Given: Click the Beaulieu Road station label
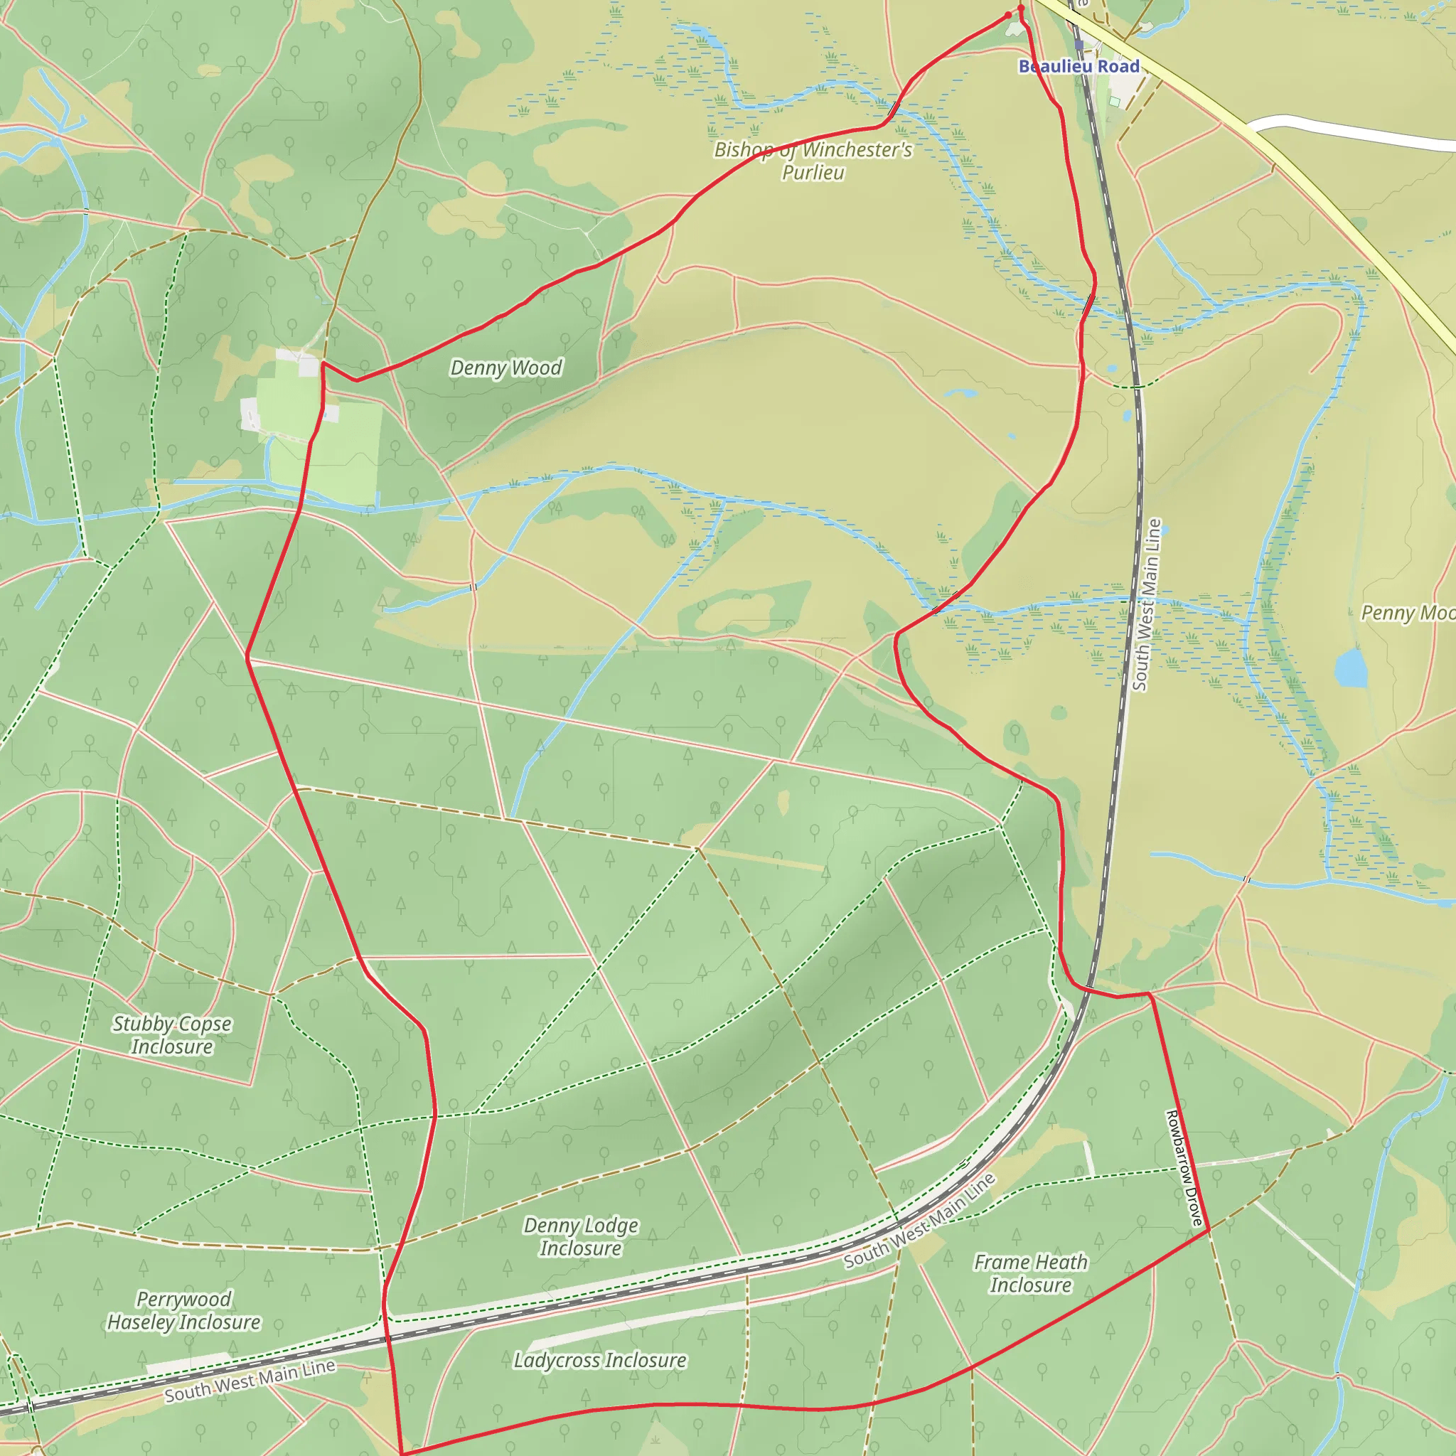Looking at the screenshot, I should (1078, 66).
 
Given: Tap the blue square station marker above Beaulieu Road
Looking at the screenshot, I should (1079, 45).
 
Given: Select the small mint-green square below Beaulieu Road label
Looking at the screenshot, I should (1114, 101).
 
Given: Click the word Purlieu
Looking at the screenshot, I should (813, 173).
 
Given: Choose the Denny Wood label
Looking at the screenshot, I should (505, 368).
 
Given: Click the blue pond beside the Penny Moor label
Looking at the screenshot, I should (1351, 668).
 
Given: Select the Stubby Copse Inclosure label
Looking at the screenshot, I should (172, 1034).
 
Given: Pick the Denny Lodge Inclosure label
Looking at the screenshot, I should (581, 1237).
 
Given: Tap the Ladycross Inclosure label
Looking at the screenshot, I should (600, 1360).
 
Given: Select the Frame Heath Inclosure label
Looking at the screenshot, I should (1030, 1273).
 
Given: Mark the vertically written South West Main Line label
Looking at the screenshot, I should (1147, 604).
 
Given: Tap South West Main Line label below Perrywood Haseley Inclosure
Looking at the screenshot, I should (250, 1381).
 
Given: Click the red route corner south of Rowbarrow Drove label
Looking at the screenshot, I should (1209, 1230).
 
